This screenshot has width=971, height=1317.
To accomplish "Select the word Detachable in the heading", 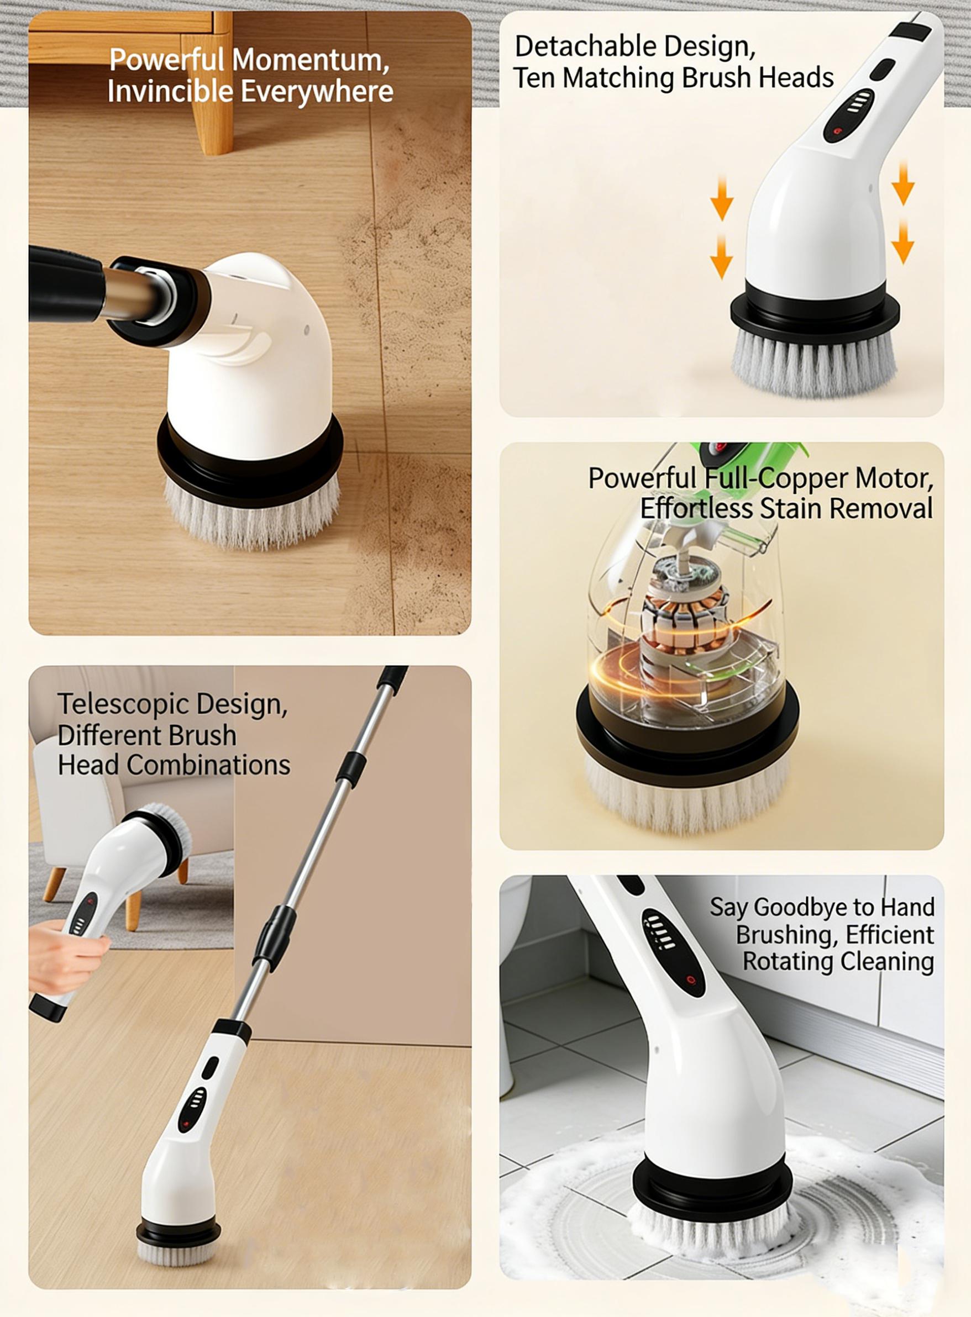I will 592,47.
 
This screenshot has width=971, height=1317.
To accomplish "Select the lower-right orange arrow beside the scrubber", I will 902,242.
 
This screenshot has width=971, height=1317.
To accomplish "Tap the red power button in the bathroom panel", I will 691,979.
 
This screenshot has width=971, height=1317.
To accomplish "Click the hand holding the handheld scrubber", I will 65,957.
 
